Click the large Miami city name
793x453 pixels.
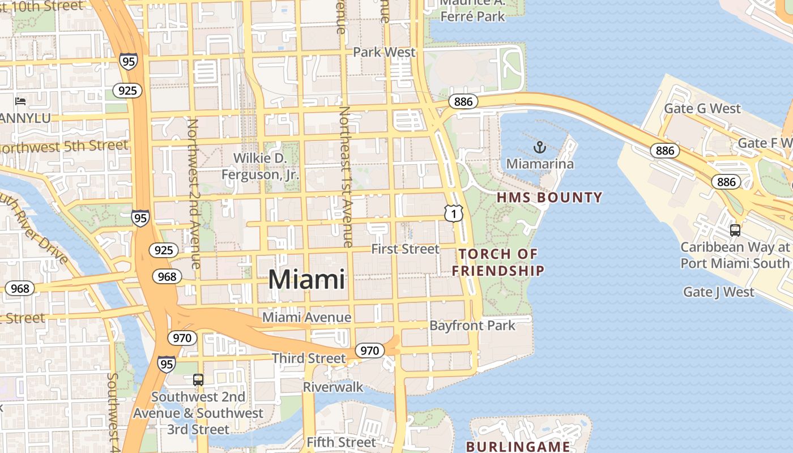click(306, 280)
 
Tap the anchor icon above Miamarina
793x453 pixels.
click(539, 148)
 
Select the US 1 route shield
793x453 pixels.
click(454, 213)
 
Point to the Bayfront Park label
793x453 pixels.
click(472, 326)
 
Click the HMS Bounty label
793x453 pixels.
click(549, 198)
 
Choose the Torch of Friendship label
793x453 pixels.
click(498, 262)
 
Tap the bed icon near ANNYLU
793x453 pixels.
click(21, 101)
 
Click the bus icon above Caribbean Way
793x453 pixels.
click(735, 230)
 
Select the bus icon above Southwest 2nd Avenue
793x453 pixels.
click(198, 379)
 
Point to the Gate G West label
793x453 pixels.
click(702, 108)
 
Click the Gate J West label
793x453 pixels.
click(718, 292)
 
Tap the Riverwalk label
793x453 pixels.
click(333, 387)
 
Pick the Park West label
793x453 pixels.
click(384, 52)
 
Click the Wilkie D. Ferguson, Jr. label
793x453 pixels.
click(260, 166)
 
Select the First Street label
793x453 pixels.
click(405, 249)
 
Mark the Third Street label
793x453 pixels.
click(308, 358)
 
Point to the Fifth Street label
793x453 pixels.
click(341, 442)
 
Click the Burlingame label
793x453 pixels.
click(518, 446)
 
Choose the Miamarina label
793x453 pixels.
click(540, 164)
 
